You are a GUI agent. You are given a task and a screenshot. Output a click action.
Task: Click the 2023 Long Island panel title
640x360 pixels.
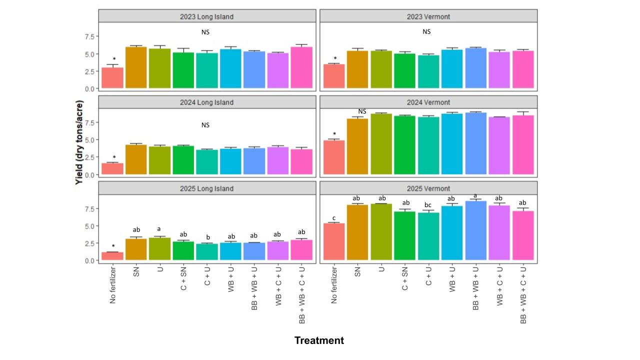[x=206, y=16]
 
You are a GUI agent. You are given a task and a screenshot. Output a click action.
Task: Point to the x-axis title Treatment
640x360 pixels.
[x=319, y=340]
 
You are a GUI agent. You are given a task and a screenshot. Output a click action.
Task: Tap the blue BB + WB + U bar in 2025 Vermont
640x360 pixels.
[x=475, y=230]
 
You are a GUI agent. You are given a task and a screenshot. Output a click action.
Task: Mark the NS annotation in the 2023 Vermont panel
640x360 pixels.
[x=426, y=31]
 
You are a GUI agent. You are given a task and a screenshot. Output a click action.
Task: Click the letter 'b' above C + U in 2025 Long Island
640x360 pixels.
[x=206, y=237]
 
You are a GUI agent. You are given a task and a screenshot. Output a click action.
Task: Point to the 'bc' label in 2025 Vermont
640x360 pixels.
[x=428, y=204]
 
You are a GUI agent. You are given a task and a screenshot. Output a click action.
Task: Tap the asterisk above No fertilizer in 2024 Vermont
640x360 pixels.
[x=334, y=133]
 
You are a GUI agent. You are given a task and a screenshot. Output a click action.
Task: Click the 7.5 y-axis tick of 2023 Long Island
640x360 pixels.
[x=89, y=36]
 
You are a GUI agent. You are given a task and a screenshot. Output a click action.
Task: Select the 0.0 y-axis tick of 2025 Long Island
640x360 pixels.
[x=89, y=260]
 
